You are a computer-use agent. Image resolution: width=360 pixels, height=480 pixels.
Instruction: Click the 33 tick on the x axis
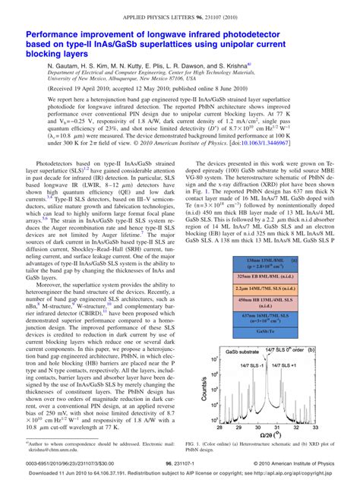tap(316, 426)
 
